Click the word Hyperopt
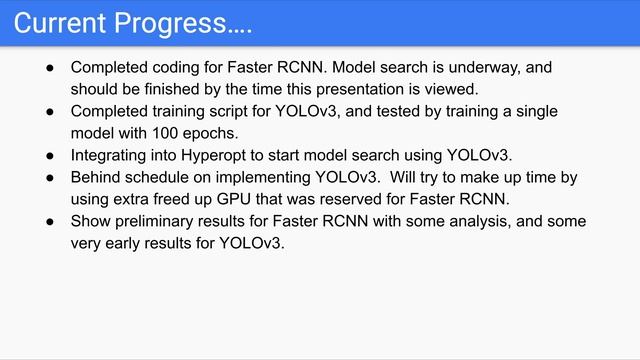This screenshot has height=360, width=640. coord(222,155)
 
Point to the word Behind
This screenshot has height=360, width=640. coord(96,177)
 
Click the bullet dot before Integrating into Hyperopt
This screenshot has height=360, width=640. coord(51,155)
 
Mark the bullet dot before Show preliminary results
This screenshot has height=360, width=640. coord(51,221)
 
